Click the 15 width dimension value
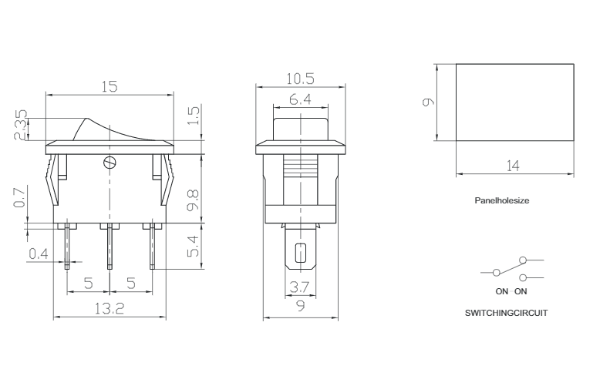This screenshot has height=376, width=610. coord(110,86)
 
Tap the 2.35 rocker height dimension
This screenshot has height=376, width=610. coord(21,125)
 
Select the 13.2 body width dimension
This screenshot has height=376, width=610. coord(110,308)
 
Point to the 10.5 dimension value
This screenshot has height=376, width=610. coord(300,79)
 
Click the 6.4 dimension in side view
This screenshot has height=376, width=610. coord(300,99)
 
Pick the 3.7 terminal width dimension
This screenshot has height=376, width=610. coord(299,287)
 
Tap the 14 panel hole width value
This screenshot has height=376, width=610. coord(513,166)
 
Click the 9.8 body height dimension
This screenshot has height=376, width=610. coord(193,200)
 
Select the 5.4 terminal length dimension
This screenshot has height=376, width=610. coord(193,246)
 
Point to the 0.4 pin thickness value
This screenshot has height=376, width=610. coord(39,253)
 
